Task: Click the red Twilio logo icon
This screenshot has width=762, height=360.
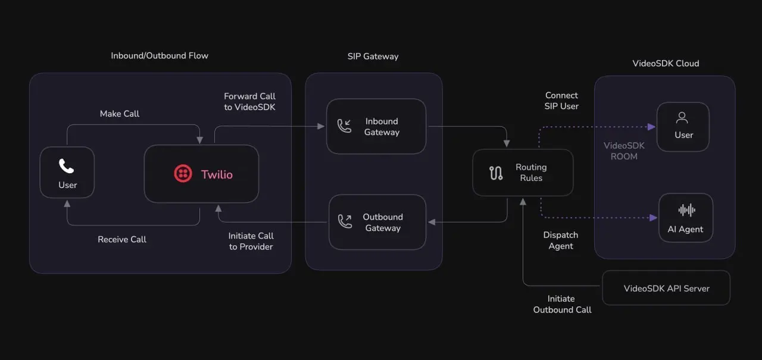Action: [183, 174]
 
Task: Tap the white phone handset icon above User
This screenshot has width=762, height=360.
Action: [66, 166]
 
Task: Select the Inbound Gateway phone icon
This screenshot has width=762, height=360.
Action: [344, 126]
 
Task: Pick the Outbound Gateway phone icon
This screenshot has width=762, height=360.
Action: [345, 221]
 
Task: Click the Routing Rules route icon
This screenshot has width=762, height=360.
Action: [496, 173]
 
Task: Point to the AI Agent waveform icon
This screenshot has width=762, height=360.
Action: [686, 210]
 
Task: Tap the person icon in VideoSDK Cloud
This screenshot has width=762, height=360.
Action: [682, 118]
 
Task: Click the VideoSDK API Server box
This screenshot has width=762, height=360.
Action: [666, 288]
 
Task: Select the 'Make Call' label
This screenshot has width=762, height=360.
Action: [120, 114]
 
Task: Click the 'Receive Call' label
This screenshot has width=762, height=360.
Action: [122, 239]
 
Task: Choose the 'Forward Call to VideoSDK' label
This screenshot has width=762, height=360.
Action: [249, 102]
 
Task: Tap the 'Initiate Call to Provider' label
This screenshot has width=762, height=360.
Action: [251, 242]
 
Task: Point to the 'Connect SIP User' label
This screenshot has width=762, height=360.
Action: [561, 101]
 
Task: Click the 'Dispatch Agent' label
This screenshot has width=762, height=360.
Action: [561, 240]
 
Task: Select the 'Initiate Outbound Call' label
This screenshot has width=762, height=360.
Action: [562, 304]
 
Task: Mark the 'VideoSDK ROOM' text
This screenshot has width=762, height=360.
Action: [624, 151]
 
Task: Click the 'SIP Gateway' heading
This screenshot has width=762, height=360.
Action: [373, 57]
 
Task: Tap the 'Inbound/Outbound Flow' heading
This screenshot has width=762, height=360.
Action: [160, 56]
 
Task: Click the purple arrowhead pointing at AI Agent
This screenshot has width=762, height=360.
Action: [653, 218]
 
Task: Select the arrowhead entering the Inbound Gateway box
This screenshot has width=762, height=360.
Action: [321, 126]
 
